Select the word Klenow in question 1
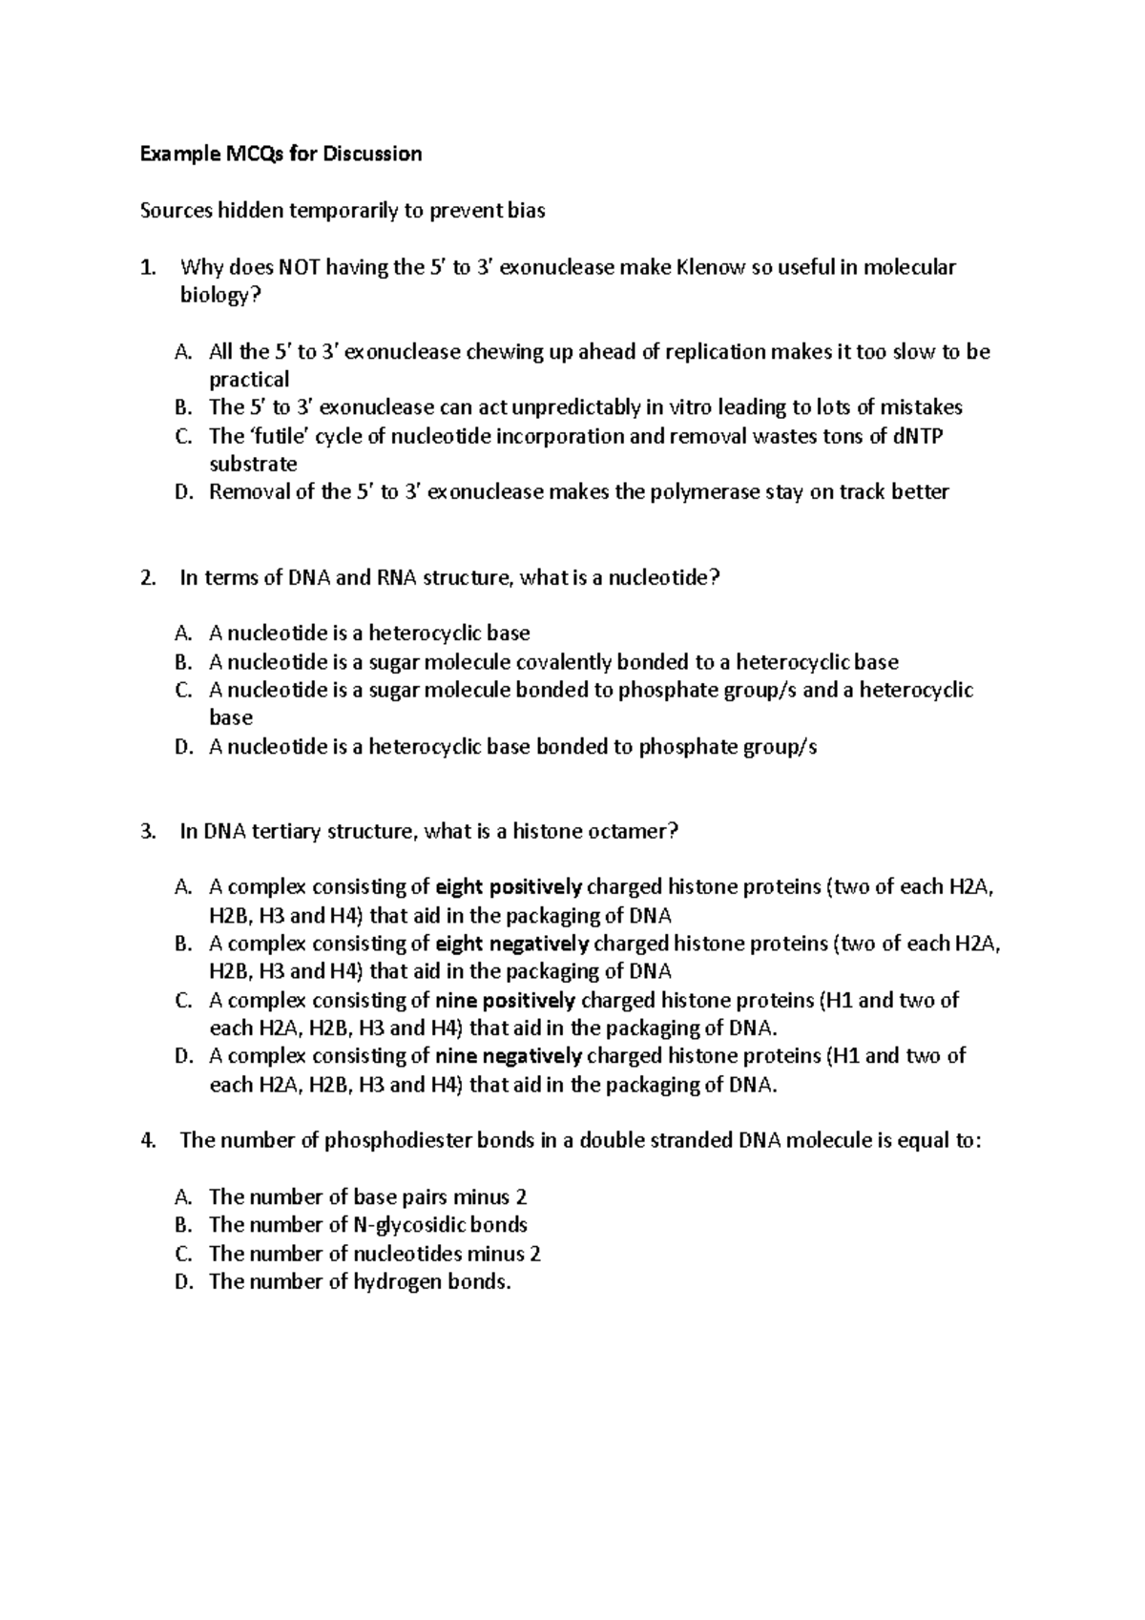tap(710, 267)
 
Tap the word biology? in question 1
tap(220, 296)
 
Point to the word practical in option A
tap(249, 380)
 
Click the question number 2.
tap(147, 578)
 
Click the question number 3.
tap(147, 832)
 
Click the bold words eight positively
tap(509, 887)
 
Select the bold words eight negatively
tap(512, 944)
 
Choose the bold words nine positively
tap(505, 1001)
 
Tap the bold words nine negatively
tap(509, 1056)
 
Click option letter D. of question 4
tap(184, 1282)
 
